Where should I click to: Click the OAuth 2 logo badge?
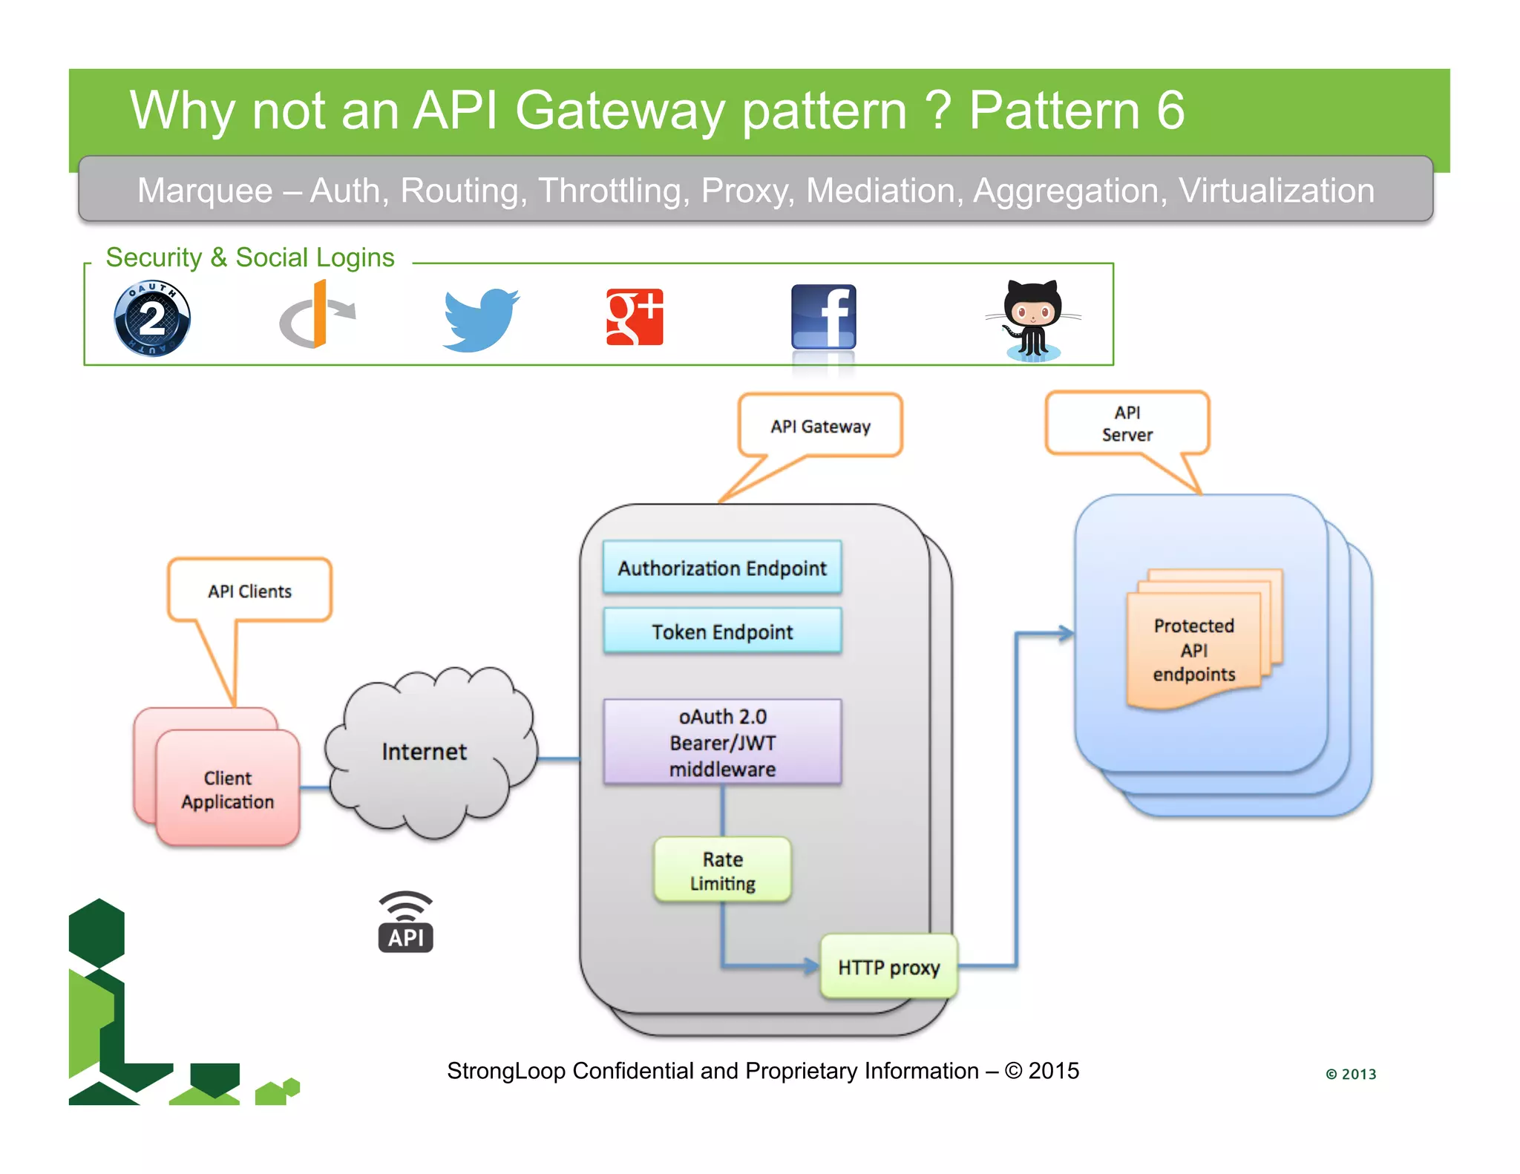pos(152,318)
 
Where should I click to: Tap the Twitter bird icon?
pos(481,319)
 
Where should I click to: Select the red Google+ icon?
pos(635,317)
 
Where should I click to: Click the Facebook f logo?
pos(823,317)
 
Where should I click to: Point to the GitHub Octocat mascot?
pos(1032,320)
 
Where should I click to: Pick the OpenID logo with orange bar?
pos(318,315)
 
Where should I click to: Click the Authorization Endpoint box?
pos(722,568)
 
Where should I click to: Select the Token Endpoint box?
pos(722,632)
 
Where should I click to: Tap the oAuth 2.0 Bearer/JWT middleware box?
pos(722,742)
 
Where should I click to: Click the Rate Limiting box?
pos(722,870)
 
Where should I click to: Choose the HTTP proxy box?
pos(888,967)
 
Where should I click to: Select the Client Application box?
pos(228,790)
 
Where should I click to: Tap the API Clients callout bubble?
pos(249,591)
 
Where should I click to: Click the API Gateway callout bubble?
pos(820,426)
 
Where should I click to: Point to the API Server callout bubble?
pos(1127,424)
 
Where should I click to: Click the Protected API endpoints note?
pos(1193,649)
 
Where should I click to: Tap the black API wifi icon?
pos(405,922)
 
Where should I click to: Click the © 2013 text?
pos(1351,1074)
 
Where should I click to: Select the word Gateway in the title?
pos(619,111)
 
